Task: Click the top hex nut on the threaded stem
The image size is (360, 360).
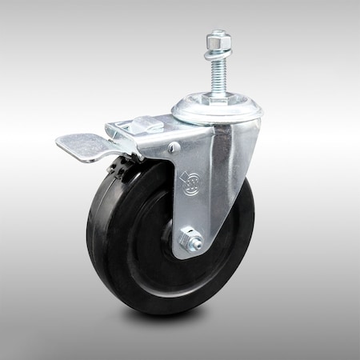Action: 218,38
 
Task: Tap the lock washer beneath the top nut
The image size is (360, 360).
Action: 218,52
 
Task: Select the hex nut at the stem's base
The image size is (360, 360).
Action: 218,100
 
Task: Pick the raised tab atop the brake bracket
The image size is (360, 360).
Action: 143,123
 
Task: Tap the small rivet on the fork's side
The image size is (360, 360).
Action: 173,146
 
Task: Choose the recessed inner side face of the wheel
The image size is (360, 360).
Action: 140,240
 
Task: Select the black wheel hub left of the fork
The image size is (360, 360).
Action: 170,240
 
